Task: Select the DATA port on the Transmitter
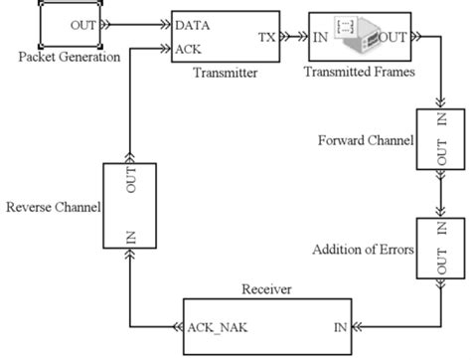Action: [x=193, y=21]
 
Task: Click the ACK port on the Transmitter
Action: [x=189, y=47]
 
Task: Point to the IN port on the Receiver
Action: [x=340, y=325]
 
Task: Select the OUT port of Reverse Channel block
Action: [x=130, y=186]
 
